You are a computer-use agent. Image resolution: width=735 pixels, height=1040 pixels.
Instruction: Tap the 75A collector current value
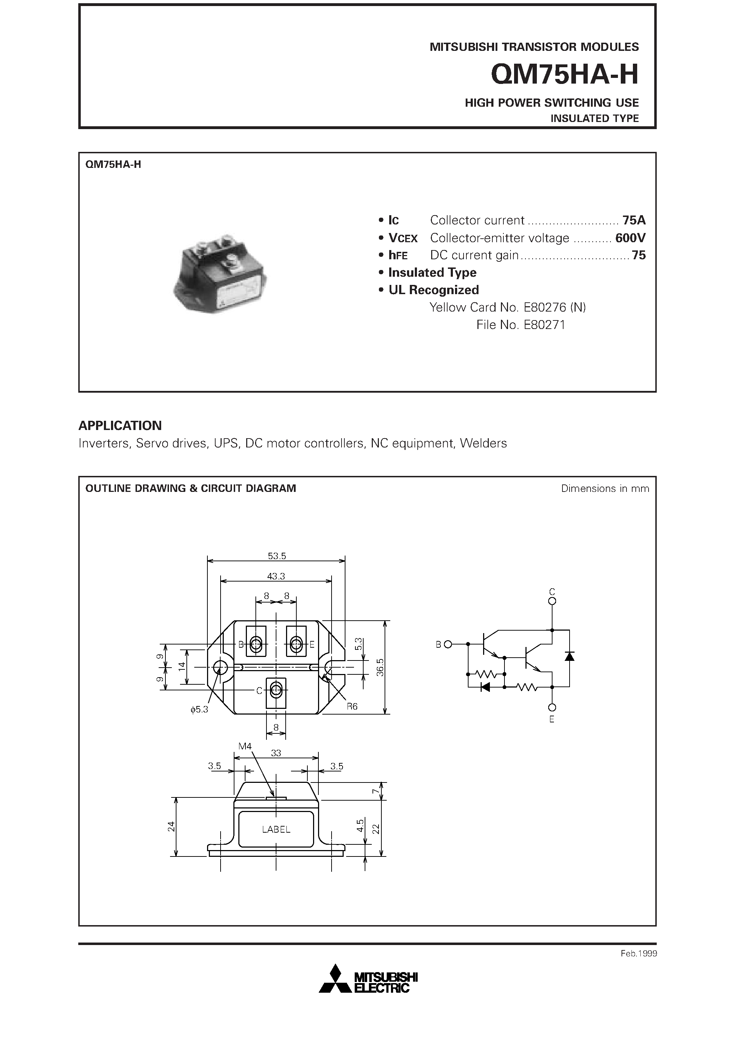tap(634, 220)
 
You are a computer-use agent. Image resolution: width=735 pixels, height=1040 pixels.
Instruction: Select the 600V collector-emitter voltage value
tap(630, 238)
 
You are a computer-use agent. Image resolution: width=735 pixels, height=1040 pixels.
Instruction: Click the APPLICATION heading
tap(120, 425)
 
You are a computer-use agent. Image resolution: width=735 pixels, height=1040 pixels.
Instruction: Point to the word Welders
tap(483, 443)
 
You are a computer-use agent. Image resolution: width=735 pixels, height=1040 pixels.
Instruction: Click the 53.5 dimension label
tap(277, 556)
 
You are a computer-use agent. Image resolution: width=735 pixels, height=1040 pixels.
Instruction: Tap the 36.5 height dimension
tap(380, 667)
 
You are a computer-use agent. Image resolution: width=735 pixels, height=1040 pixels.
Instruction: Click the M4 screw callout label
tap(245, 746)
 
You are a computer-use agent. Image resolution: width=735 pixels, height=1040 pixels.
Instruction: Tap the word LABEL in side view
tap(276, 829)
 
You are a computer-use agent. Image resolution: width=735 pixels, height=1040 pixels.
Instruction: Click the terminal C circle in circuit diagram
tap(552, 601)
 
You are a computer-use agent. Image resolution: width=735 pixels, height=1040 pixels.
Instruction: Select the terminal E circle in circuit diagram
tap(552, 707)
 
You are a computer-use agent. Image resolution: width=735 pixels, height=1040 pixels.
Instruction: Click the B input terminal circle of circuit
tap(448, 644)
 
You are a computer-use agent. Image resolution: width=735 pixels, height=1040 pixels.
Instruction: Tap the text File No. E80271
tap(520, 325)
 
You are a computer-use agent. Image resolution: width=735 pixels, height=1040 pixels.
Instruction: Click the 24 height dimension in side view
tap(171, 826)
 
